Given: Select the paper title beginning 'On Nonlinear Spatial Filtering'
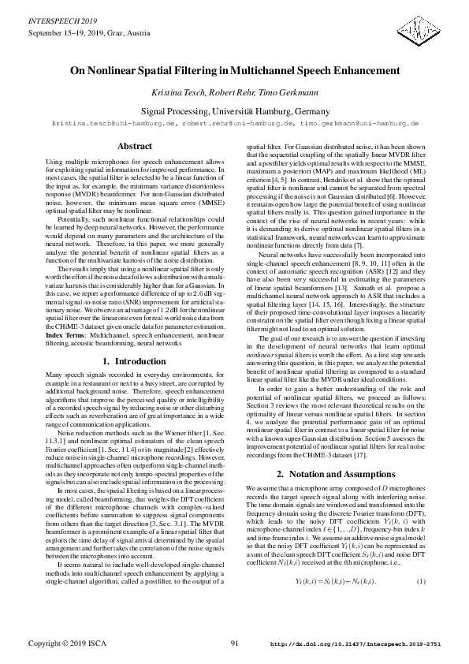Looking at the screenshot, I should point(234,70).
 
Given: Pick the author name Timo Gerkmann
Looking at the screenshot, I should point(277,93).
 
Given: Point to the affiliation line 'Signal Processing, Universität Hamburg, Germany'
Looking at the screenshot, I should point(234,111).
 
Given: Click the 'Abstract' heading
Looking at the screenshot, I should point(135,147).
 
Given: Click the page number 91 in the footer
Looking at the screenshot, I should point(234,644).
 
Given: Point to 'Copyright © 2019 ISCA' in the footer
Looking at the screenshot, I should point(67,644).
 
